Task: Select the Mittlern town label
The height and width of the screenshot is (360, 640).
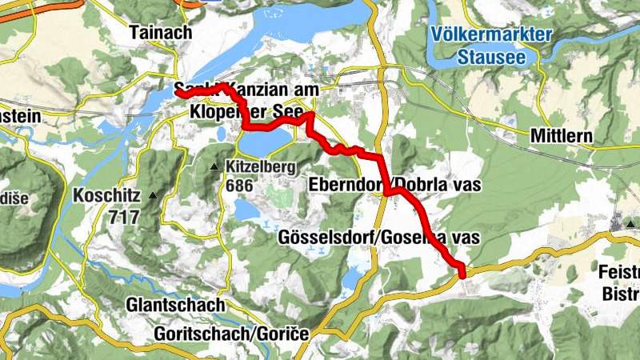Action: point(561,137)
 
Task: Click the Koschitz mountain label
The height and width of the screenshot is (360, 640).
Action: point(106,194)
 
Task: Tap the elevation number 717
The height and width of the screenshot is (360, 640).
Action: point(126,216)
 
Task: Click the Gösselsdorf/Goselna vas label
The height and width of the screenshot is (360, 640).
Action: point(378,238)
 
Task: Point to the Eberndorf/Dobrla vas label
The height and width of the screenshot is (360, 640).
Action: point(394,185)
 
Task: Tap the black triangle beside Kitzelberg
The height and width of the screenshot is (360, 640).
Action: point(214,167)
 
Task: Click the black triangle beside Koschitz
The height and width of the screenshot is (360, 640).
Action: point(150,194)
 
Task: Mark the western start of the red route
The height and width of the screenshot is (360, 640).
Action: point(178,94)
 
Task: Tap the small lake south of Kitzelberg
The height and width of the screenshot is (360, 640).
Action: point(247,209)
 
